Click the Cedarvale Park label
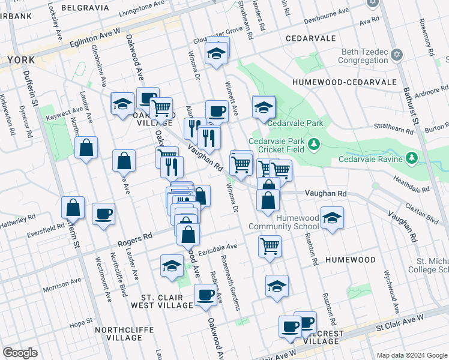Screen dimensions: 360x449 (x=295, y=123)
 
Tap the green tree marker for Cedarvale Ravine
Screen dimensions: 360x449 (x=412, y=158)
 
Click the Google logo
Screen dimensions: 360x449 (x=20, y=353)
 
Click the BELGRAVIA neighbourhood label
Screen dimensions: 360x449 (x=88, y=8)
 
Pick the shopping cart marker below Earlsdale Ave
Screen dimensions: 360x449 (x=270, y=245)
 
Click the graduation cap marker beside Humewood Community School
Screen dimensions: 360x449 (x=332, y=218)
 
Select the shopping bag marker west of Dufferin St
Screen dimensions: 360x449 (x=73, y=207)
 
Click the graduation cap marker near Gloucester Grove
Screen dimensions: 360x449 (x=215, y=55)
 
